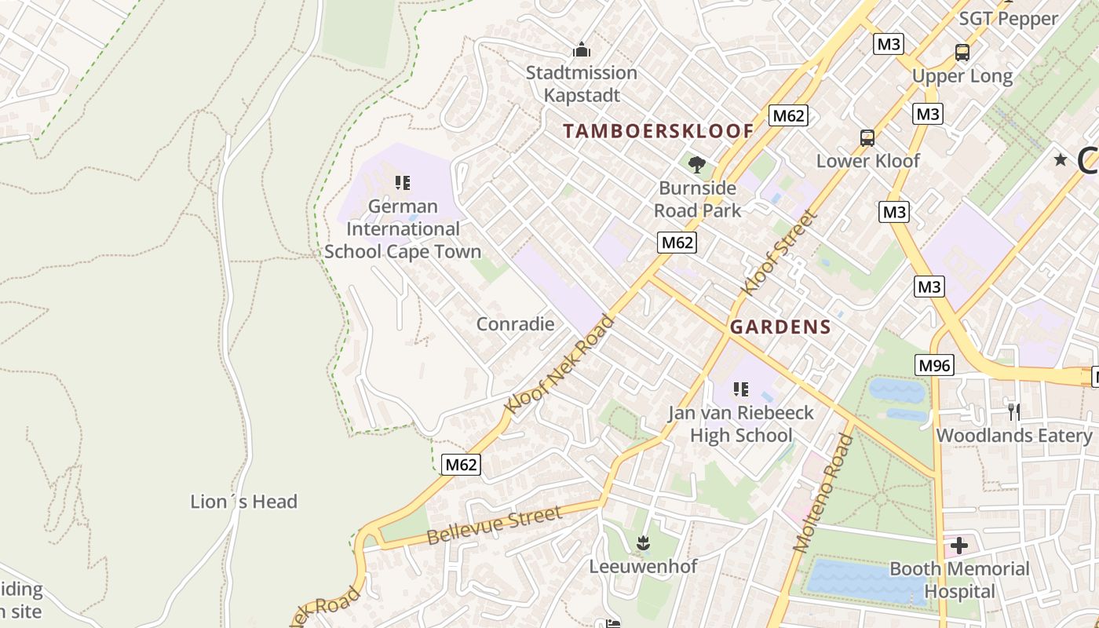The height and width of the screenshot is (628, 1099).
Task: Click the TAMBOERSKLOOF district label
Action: (658, 131)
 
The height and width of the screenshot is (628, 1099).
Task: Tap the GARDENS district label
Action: (780, 327)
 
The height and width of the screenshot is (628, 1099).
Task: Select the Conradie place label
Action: (515, 324)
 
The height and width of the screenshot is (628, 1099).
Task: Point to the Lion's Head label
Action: (243, 502)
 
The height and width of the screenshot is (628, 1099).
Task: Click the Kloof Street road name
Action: (775, 253)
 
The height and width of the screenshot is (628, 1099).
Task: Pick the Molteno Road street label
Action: (823, 493)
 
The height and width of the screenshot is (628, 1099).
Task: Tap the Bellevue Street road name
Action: (495, 526)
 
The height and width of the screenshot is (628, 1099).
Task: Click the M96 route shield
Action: (934, 365)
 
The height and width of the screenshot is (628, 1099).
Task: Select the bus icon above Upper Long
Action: (962, 53)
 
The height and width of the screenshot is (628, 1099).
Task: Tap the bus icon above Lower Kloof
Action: (867, 138)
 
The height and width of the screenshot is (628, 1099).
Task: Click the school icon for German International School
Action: (403, 184)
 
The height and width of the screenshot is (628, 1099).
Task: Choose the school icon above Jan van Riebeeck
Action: (740, 389)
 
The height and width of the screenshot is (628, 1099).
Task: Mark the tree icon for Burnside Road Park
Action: (696, 164)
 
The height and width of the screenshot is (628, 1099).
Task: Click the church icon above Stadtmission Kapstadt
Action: (581, 50)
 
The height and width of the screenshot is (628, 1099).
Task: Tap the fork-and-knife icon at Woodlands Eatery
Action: (1013, 411)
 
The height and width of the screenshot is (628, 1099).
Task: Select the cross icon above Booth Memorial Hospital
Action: (958, 545)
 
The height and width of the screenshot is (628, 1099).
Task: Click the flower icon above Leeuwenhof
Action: (643, 542)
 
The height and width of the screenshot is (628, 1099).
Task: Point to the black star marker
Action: (1061, 160)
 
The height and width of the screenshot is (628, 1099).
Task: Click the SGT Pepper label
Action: (1008, 19)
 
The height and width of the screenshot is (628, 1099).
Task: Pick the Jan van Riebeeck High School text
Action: (740, 424)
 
